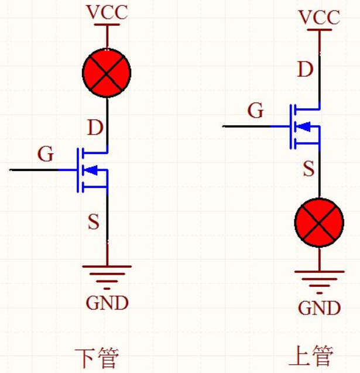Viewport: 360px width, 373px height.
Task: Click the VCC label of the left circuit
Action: tap(107, 12)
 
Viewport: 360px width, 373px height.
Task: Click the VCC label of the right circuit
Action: tap(320, 18)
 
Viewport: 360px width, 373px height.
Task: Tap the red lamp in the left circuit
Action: tap(107, 73)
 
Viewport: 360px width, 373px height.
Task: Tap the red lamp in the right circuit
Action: tap(319, 223)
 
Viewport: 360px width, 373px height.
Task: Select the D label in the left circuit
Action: tap(95, 128)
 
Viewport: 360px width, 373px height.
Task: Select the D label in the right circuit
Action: tap(305, 69)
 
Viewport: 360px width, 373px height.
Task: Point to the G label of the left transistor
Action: tap(46, 153)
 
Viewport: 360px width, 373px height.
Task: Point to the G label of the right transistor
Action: tap(255, 110)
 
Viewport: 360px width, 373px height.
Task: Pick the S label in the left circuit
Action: tap(94, 222)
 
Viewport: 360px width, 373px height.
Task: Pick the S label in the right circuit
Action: tap(308, 169)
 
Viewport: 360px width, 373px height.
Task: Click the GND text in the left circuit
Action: tap(107, 303)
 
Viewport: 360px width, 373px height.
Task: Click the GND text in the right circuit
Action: tap(320, 308)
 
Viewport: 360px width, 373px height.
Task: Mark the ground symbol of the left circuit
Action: tap(107, 277)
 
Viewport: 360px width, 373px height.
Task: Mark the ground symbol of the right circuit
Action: tap(320, 282)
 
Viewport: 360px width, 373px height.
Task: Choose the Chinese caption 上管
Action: tap(311, 355)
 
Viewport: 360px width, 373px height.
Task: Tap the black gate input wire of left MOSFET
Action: tap(34, 170)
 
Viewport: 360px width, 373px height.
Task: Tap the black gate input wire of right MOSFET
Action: tap(246, 126)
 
